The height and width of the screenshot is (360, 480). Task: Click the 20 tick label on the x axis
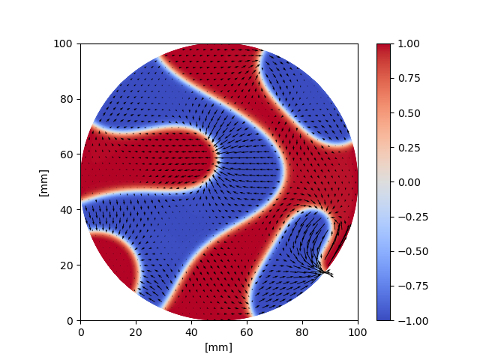point(136,331)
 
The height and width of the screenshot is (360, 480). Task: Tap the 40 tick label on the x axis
point(191,331)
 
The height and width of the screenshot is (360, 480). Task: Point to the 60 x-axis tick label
point(247,331)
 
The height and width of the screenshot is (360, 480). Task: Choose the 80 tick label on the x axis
point(302,331)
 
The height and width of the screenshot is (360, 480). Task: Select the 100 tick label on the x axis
point(358,331)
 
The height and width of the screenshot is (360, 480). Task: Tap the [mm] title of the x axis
point(219,347)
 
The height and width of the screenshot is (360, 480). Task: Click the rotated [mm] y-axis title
point(43,182)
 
